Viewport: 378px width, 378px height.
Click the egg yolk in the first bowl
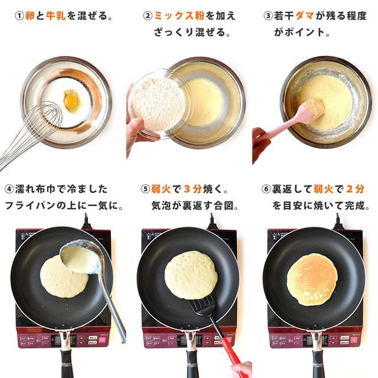pos(71,101)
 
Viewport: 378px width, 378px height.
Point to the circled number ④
pos(9,190)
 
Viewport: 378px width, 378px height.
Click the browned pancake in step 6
pos(312,279)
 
